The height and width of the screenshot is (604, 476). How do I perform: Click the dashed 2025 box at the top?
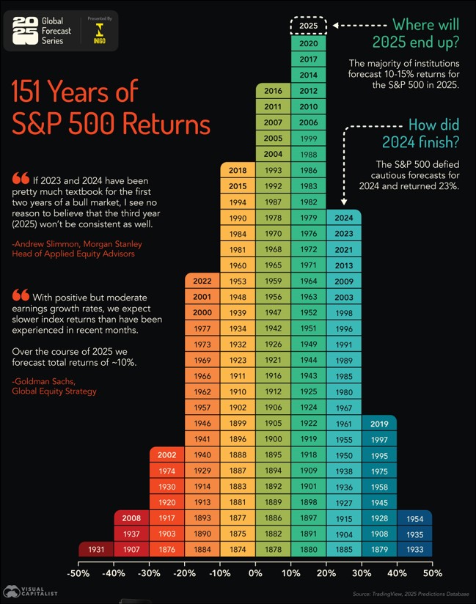[309, 26]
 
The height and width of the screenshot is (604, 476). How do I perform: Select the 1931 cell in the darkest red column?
[96, 549]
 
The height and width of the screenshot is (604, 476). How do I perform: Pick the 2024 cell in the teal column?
[343, 218]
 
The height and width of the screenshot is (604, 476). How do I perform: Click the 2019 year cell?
[379, 423]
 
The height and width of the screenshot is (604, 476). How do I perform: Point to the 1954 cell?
[414, 518]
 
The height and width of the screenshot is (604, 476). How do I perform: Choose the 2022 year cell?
[202, 281]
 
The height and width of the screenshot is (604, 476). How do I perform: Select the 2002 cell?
[166, 455]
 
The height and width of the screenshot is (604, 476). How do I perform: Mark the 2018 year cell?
[238, 170]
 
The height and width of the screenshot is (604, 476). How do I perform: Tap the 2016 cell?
[273, 91]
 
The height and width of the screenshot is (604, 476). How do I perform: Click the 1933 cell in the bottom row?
[414, 549]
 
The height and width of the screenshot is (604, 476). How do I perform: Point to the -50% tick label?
[78, 568]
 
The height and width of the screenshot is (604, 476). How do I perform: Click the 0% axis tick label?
[255, 568]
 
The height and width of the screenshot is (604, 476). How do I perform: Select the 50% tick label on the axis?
[432, 568]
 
